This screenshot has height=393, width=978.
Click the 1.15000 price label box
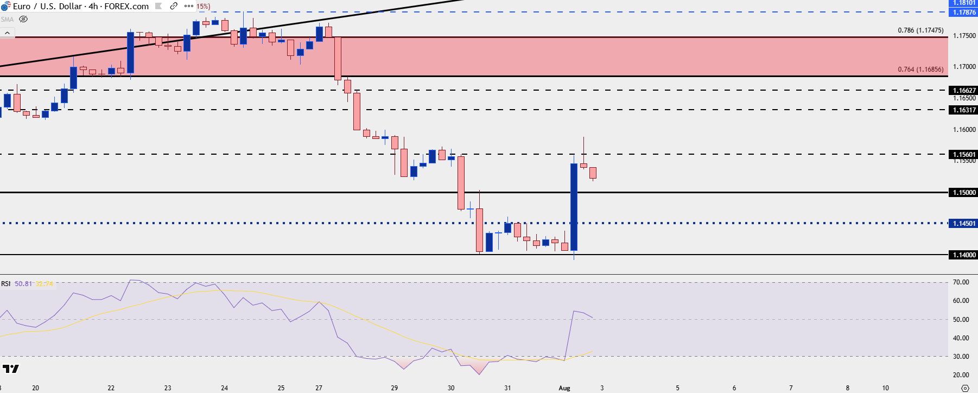(x=963, y=193)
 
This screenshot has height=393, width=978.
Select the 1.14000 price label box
(x=963, y=255)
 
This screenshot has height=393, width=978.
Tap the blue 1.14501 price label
(x=963, y=224)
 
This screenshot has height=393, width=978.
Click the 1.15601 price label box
(x=963, y=155)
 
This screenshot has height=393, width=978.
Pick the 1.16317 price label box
(x=963, y=110)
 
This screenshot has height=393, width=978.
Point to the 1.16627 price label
(x=963, y=91)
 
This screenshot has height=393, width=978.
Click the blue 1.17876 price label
(x=963, y=12)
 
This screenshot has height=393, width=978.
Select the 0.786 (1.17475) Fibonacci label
(x=920, y=30)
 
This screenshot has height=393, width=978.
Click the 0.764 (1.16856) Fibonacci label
(x=920, y=69)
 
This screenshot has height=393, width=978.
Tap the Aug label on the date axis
(x=564, y=388)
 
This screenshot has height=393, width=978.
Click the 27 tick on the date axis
(x=319, y=388)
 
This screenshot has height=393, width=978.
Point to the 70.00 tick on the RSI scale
(x=961, y=282)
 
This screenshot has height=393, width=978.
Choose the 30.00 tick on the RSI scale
(x=961, y=357)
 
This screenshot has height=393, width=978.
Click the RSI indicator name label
(x=5, y=284)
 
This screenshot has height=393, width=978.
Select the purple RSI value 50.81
(x=23, y=284)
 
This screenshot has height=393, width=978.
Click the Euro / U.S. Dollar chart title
(x=80, y=7)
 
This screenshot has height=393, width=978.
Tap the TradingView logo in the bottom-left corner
(x=11, y=369)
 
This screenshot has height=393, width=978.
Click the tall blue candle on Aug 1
(x=574, y=206)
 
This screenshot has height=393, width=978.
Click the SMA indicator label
(x=7, y=20)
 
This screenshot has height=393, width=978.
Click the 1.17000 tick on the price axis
(x=964, y=67)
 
